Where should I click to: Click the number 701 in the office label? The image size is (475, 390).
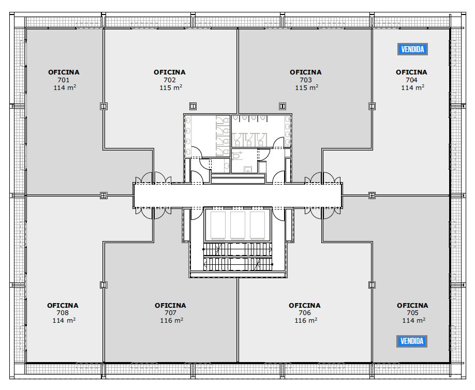[64, 80]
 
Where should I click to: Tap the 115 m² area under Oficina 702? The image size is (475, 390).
[171, 87]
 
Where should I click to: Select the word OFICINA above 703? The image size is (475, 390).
[305, 72]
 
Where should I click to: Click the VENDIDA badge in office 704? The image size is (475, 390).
[412, 49]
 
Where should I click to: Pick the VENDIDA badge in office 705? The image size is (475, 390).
[412, 341]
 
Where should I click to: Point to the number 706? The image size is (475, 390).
[305, 313]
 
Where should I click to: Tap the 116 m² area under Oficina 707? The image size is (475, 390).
[171, 320]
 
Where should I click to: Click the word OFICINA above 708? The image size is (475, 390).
[63, 305]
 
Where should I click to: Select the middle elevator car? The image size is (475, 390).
[238, 225]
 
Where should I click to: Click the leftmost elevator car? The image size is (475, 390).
[218, 225]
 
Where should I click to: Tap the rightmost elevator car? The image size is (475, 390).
[258, 225]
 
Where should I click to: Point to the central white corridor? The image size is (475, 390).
[238, 196]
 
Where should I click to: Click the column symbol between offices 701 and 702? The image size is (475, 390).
[103, 106]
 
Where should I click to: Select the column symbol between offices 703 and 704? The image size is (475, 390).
[372, 106]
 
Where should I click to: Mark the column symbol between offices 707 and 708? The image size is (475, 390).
[103, 285]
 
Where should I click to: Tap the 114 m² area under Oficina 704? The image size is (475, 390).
[412, 87]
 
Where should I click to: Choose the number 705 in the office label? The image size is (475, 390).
[412, 313]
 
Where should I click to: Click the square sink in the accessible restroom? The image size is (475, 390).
[248, 169]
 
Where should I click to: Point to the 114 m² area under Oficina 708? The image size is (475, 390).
[64, 320]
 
